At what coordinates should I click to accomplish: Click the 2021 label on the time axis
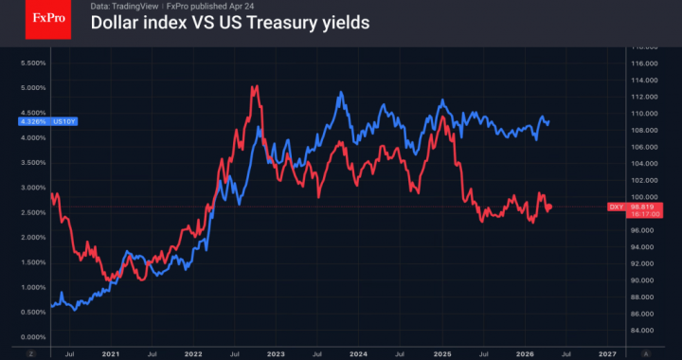(x=111, y=352)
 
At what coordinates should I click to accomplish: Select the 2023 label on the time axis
(x=276, y=352)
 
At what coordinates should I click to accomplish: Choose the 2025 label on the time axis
(x=440, y=352)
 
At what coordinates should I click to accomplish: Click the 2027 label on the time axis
(x=605, y=352)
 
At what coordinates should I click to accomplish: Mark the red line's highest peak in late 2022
(x=254, y=86)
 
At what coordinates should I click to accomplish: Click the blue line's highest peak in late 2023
(x=340, y=93)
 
